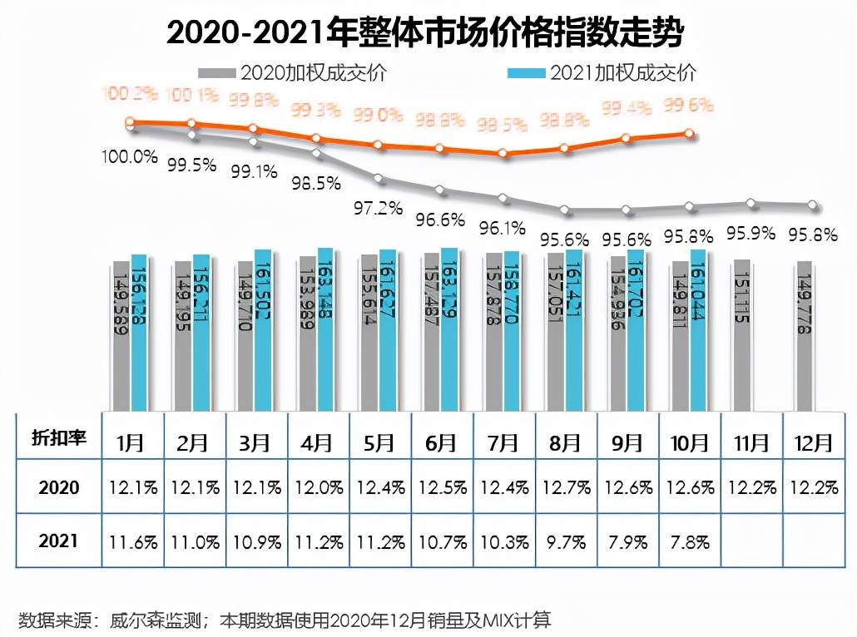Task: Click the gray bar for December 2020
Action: pyautogui.click(x=804, y=335)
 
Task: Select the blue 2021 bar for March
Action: pyautogui.click(x=263, y=329)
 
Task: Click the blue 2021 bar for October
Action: pyautogui.click(x=699, y=329)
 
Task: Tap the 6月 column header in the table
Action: pyautogui.click(x=441, y=440)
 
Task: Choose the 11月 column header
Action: pyautogui.click(x=751, y=440)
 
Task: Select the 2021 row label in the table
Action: pyautogui.click(x=59, y=541)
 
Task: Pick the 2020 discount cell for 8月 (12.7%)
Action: pyautogui.click(x=565, y=487)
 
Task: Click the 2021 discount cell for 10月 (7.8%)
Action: pyautogui.click(x=689, y=541)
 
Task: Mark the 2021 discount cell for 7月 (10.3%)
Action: pyautogui.click(x=503, y=541)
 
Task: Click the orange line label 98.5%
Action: pyautogui.click(x=503, y=125)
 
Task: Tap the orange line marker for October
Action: pyautogui.click(x=689, y=133)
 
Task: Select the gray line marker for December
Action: pyautogui.click(x=813, y=205)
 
